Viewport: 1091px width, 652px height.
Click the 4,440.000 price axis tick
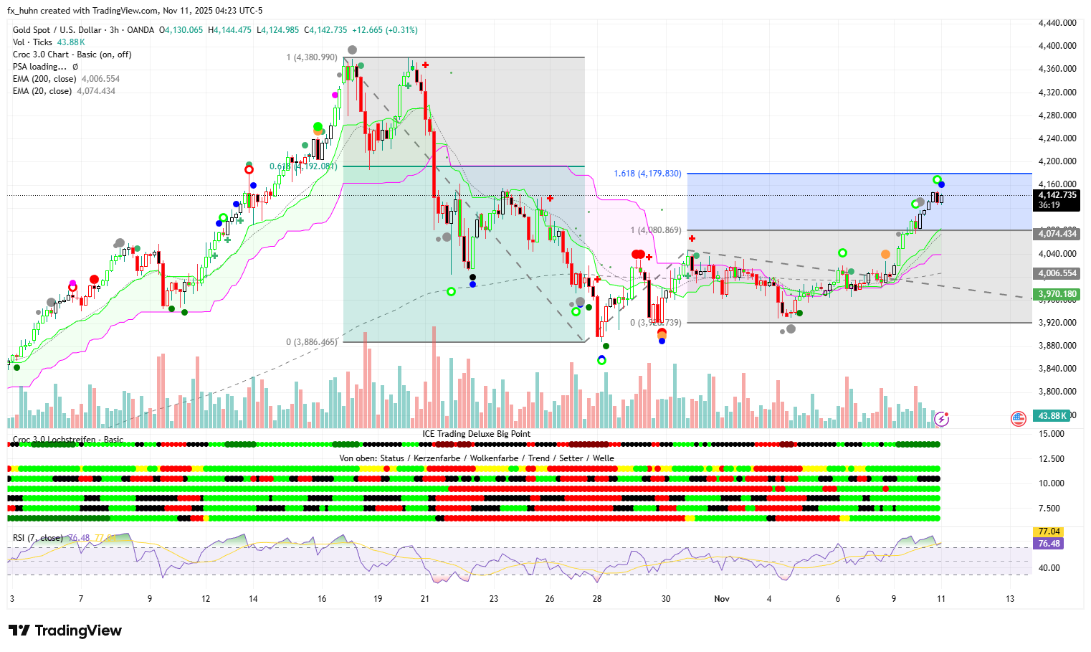click(x=1057, y=23)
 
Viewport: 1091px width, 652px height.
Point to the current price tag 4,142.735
click(x=1057, y=195)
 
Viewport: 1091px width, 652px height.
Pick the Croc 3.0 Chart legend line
click(x=72, y=55)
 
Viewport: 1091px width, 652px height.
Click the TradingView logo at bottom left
click(x=65, y=630)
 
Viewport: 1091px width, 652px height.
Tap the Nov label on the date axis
click(x=722, y=599)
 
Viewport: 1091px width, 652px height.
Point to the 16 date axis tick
click(x=322, y=599)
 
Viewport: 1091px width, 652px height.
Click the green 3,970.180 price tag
click(x=1057, y=294)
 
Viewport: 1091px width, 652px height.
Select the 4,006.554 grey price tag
click(x=1057, y=273)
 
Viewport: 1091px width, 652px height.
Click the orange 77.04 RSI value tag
click(x=1049, y=531)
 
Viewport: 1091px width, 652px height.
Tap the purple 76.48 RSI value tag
click(x=1049, y=544)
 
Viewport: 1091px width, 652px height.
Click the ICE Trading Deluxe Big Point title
click(x=476, y=434)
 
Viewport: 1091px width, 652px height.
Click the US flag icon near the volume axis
click(x=1019, y=418)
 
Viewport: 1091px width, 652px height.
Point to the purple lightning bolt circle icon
click(x=942, y=418)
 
